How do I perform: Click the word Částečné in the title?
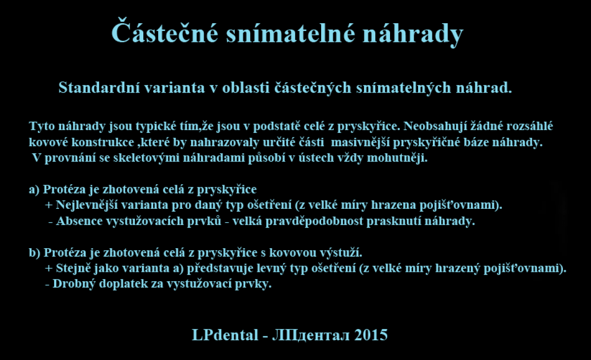click(165, 31)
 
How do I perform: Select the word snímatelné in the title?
click(291, 33)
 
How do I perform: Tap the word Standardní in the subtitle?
click(99, 87)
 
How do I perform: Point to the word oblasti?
click(246, 87)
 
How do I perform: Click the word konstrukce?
click(103, 142)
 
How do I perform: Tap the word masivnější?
click(360, 143)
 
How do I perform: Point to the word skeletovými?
click(146, 158)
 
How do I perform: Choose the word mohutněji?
click(397, 158)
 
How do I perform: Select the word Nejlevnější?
click(87, 205)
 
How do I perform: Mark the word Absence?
click(79, 221)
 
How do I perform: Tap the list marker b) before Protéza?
click(34, 253)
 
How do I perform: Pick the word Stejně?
click(73, 269)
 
